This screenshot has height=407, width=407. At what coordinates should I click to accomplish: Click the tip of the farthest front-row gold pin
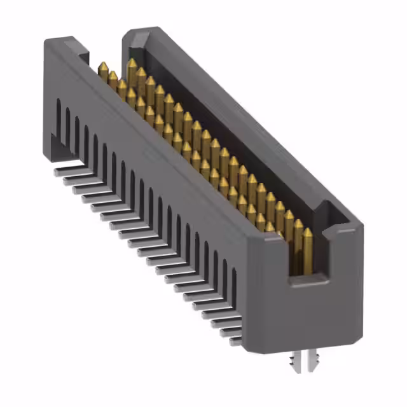pyautogui.click(x=102, y=66)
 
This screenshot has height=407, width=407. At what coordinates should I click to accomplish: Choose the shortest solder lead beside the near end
pyautogui.click(x=235, y=341)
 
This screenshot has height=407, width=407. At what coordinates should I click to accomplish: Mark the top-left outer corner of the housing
pyautogui.click(x=46, y=40)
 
